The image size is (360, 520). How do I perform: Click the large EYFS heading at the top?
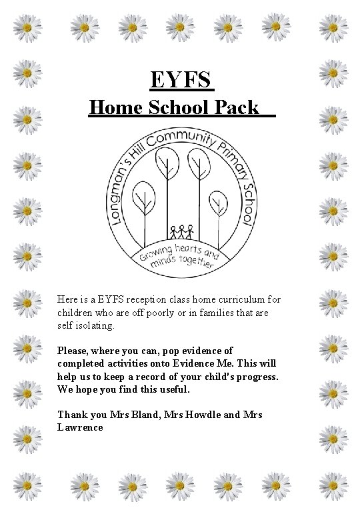point(181,80)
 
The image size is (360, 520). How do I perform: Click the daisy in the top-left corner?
point(27,27)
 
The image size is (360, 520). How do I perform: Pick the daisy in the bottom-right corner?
point(333,485)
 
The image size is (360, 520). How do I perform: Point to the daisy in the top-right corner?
point(333,27)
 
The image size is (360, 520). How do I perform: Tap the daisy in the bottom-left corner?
point(27,485)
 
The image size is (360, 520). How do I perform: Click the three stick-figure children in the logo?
point(181,231)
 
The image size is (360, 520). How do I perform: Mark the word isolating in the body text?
point(96,327)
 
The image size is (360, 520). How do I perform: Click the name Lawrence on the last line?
point(81,427)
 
